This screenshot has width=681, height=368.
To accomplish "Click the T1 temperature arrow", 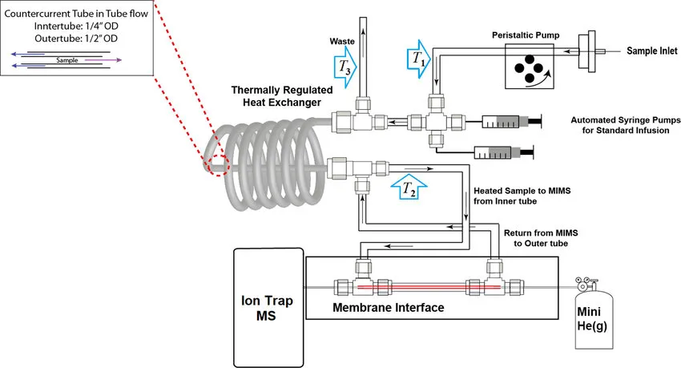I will point(417,59).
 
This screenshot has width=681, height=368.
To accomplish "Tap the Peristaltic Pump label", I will point(525,36).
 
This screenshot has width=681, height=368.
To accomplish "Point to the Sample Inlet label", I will point(644,50).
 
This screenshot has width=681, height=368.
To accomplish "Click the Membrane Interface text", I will point(388,308).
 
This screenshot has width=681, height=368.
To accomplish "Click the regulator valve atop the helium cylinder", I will point(583,281).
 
